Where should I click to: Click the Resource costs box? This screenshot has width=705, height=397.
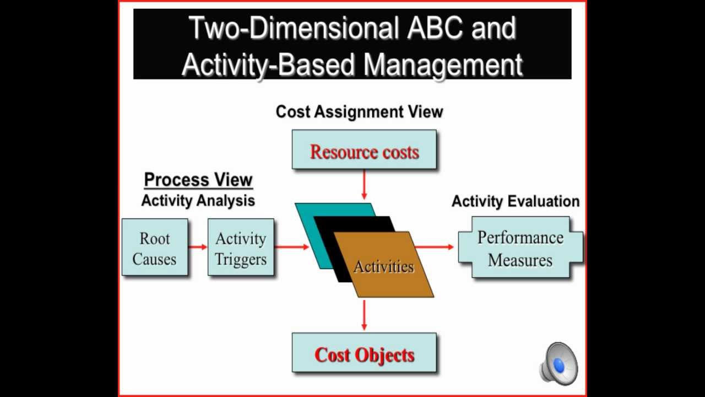click(364, 150)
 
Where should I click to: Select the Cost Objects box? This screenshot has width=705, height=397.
click(364, 353)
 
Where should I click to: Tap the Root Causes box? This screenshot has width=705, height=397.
click(155, 248)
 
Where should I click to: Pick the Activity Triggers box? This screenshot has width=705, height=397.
click(241, 248)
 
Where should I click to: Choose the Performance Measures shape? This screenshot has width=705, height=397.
click(520, 248)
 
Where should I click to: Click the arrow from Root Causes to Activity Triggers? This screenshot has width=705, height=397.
click(198, 246)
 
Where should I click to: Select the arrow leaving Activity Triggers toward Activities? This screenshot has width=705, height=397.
click(292, 246)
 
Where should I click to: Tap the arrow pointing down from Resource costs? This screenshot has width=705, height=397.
click(364, 185)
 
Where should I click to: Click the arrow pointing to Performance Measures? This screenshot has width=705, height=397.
click(435, 246)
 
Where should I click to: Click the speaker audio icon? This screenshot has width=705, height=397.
click(558, 364)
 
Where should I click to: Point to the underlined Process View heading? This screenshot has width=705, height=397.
click(198, 180)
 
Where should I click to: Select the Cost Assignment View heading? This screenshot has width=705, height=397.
click(359, 112)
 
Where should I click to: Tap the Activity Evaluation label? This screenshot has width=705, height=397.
click(516, 202)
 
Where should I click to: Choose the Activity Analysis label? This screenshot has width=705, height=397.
click(198, 201)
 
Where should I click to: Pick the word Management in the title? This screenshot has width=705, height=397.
click(443, 65)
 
